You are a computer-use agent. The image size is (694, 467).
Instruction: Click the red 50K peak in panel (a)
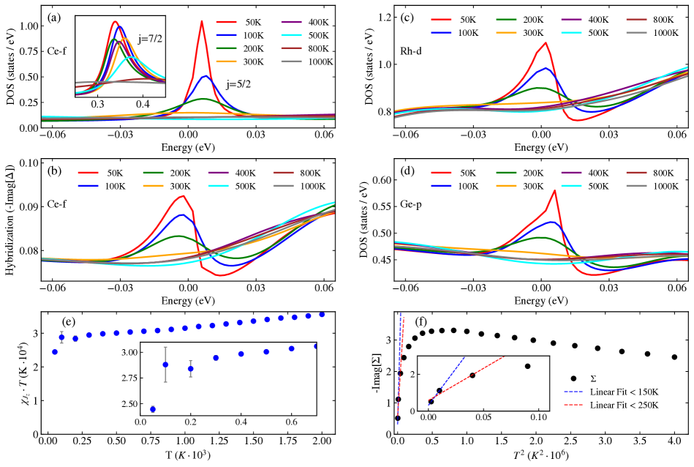[x=202, y=22]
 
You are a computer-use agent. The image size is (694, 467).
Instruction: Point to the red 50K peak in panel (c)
[x=546, y=43]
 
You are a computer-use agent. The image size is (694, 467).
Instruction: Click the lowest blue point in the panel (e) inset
[x=152, y=409]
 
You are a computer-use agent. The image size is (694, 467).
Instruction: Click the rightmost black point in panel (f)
[x=674, y=357]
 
